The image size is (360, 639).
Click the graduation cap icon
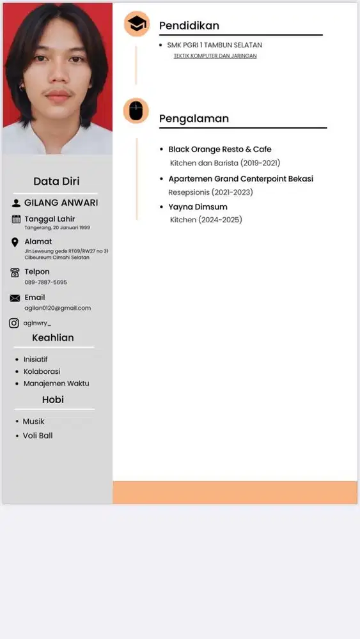(136, 24)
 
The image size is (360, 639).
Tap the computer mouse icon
(136, 111)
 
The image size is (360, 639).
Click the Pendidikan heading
(189, 26)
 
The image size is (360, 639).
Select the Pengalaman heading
(194, 118)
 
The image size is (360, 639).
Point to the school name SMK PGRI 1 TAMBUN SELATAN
(214, 45)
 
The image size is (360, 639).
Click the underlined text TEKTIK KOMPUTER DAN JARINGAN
(215, 56)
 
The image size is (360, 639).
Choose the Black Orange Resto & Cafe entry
(219, 150)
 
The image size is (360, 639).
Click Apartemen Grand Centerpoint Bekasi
(240, 179)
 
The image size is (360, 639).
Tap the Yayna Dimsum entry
(198, 207)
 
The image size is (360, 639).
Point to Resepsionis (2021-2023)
(210, 192)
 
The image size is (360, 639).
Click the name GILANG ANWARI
(61, 203)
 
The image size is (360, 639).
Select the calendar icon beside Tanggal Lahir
(16, 219)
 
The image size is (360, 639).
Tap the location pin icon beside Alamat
(15, 242)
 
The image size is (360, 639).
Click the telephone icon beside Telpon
(15, 272)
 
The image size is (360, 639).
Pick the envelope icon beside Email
(15, 298)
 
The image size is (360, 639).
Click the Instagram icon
(14, 323)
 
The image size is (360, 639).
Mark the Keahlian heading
(53, 337)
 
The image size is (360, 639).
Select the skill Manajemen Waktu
(56, 383)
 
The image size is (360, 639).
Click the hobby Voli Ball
(38, 436)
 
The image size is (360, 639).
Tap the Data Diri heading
(56, 181)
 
